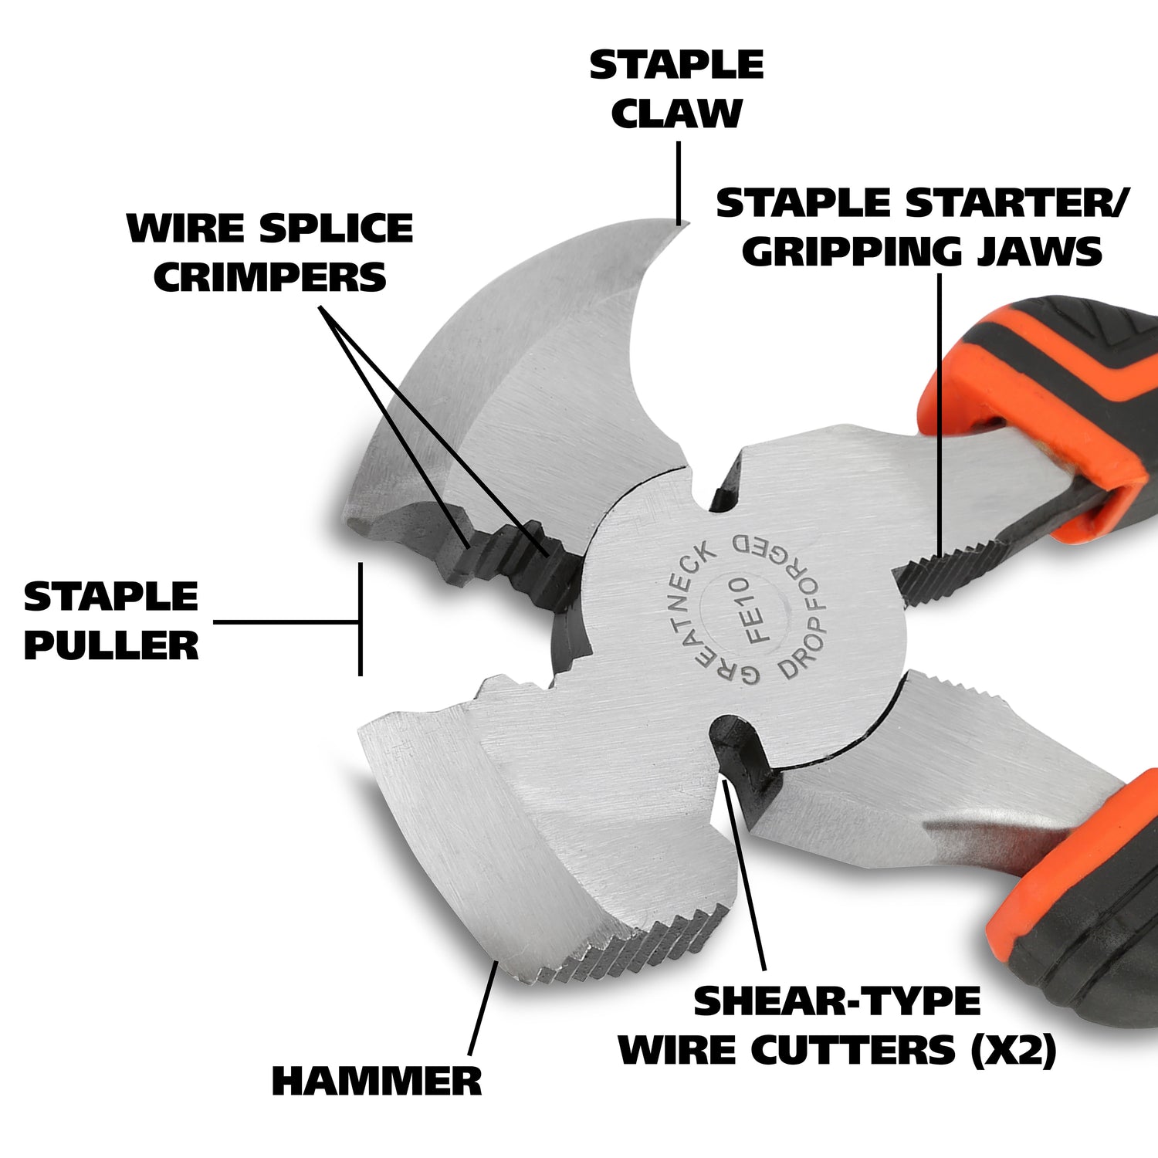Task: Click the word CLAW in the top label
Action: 676,113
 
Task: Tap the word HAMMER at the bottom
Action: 377,1081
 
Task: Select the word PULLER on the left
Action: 111,645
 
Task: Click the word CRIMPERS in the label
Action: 270,278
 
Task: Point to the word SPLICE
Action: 336,229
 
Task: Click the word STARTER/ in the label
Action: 1017,203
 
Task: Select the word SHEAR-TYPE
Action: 837,1001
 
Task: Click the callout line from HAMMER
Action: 483,1008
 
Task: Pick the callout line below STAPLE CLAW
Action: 679,182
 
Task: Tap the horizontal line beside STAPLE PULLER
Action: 286,621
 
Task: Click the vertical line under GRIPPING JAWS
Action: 940,415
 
